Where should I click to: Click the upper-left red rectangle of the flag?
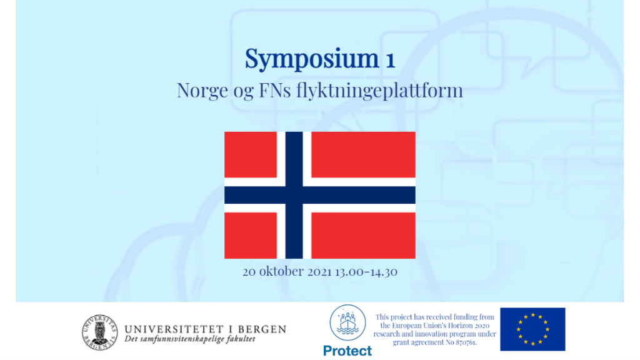point(251,155)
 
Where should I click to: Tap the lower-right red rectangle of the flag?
point(363,236)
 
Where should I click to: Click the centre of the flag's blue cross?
point(294,195)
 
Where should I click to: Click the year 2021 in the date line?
point(319,272)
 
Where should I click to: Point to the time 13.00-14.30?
point(366,272)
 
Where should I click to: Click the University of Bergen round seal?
point(99,332)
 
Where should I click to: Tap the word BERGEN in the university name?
point(262,329)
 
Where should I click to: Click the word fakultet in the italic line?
point(240,339)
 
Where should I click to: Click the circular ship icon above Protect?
point(347,322)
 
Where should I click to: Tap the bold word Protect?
point(347,351)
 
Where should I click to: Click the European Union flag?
point(532,329)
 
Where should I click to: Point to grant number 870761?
point(464,342)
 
